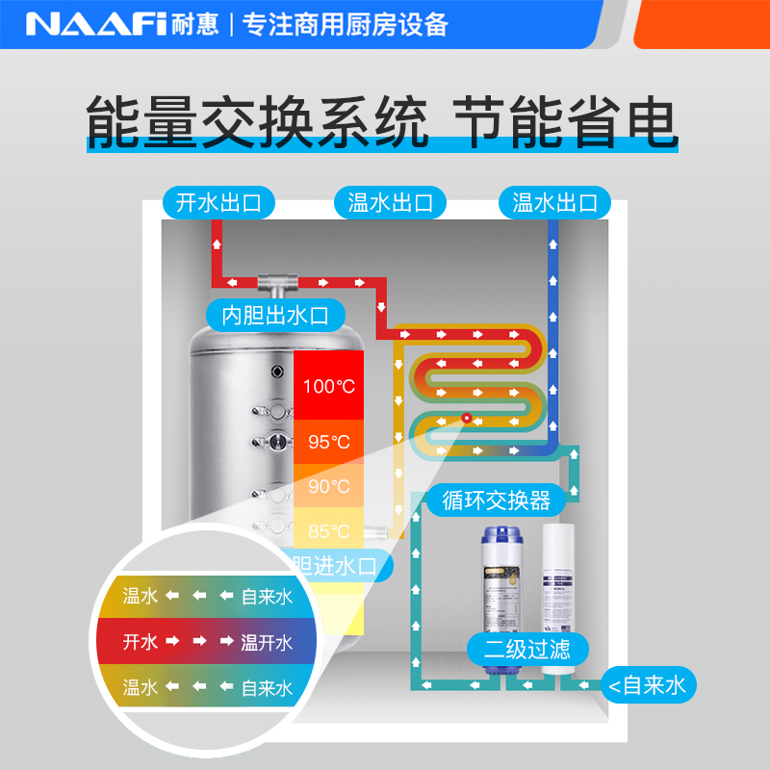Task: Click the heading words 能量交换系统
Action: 257,120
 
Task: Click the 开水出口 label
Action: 218,203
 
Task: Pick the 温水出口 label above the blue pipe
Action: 554,203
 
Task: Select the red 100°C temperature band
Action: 329,386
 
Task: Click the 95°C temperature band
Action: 329,442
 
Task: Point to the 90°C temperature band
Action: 329,486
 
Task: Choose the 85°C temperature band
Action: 329,530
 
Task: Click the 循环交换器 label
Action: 496,500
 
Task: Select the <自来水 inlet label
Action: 647,685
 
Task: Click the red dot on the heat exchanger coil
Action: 466,418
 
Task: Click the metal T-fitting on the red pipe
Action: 279,283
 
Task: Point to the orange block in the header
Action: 703,23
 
